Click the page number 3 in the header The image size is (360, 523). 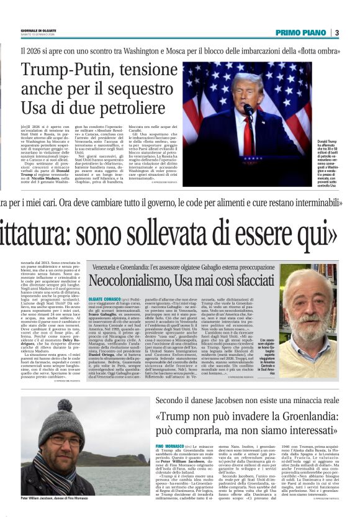click(x=337, y=32)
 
